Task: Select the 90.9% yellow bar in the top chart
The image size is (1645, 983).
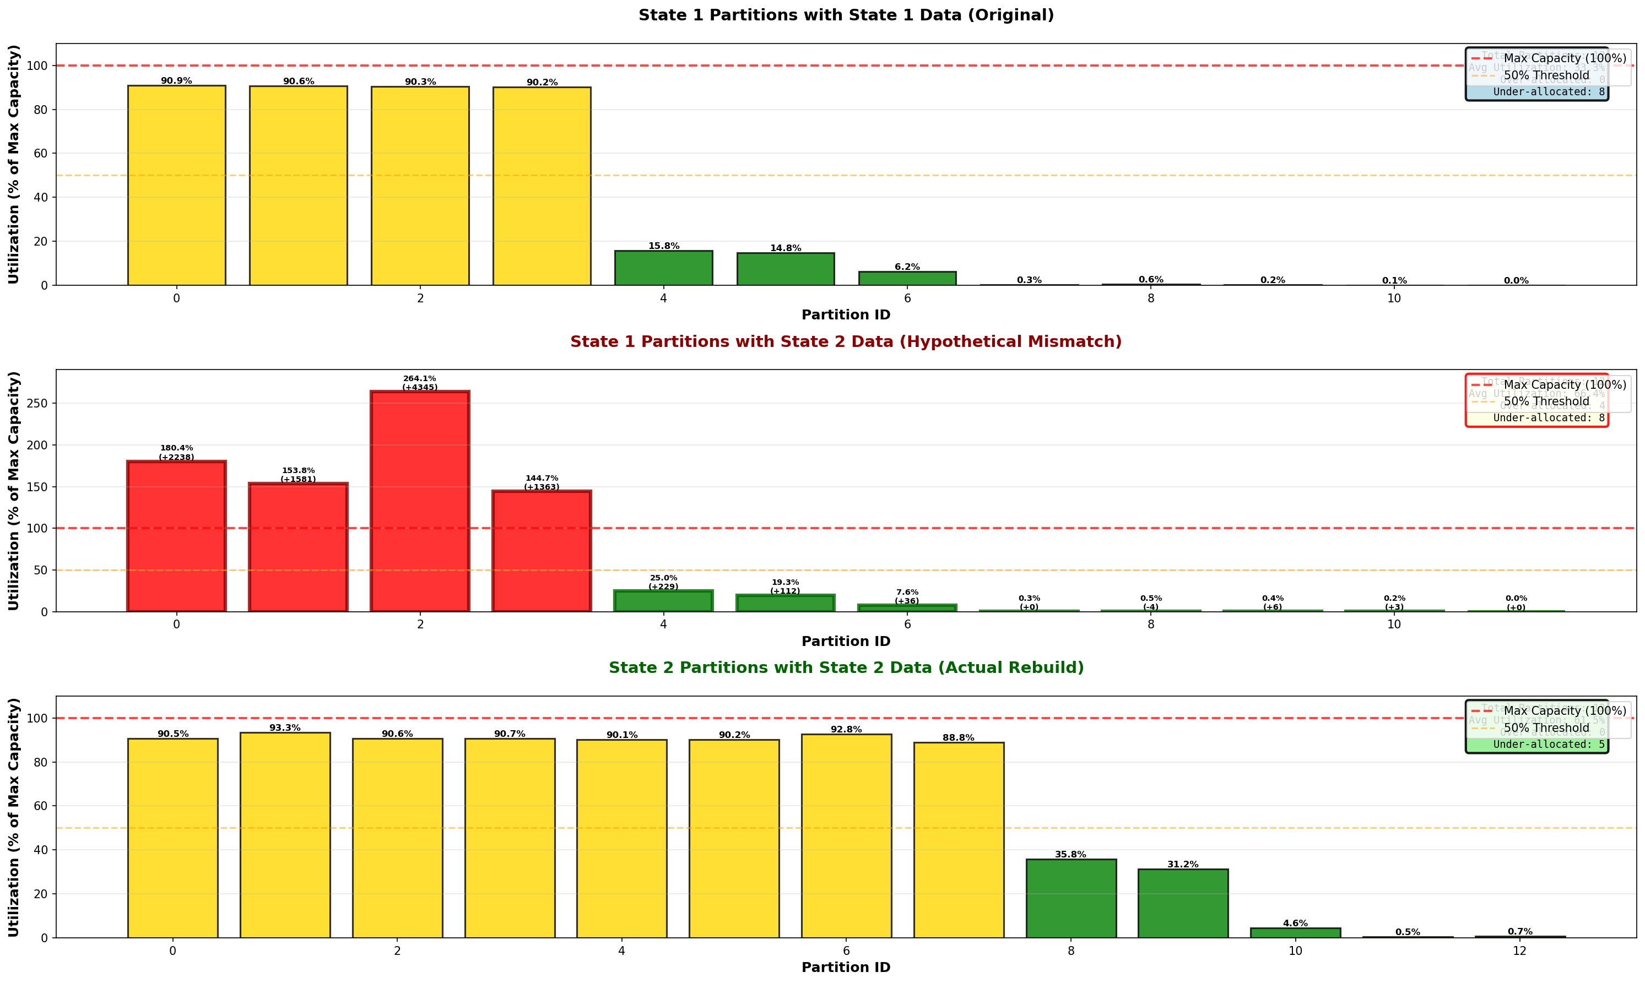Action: [x=176, y=186]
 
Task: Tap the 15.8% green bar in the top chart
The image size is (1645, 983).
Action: [x=663, y=268]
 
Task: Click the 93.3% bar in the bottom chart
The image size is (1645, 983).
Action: [x=285, y=835]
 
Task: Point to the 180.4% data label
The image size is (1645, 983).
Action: [x=176, y=448]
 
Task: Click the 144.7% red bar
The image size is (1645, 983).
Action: [x=542, y=551]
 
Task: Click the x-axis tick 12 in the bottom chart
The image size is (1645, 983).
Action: [x=1520, y=951]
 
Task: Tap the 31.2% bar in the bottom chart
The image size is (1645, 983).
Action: [x=1183, y=904]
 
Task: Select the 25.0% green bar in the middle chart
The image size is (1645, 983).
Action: [x=663, y=601]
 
